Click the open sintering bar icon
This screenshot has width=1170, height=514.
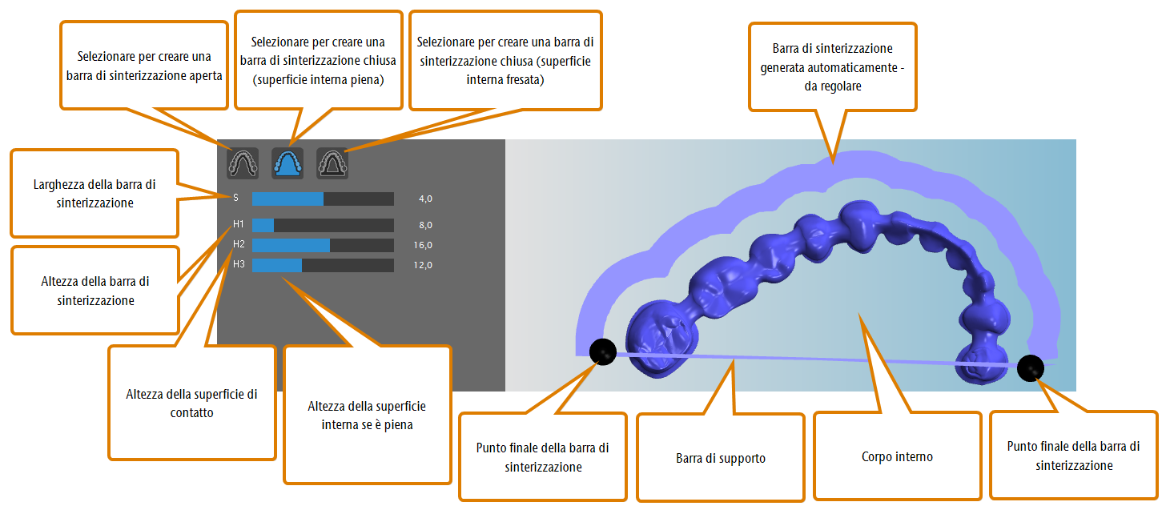pyautogui.click(x=243, y=163)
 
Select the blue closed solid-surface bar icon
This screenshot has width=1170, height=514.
pyautogui.click(x=287, y=163)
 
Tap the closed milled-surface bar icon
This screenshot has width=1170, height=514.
pyautogui.click(x=332, y=163)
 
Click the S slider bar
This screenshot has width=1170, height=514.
pyautogui.click(x=323, y=199)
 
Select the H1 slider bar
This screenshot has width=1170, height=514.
pyautogui.click(x=323, y=225)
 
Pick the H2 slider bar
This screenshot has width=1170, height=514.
pyautogui.click(x=323, y=245)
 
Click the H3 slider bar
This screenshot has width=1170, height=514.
pyautogui.click(x=323, y=265)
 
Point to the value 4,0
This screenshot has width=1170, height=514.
pyautogui.click(x=426, y=199)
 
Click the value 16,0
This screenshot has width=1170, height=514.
pyautogui.click(x=423, y=245)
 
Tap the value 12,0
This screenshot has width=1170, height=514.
pyautogui.click(x=423, y=265)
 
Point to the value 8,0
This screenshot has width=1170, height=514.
pyautogui.click(x=426, y=225)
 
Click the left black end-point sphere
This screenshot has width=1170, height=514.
pyautogui.click(x=603, y=351)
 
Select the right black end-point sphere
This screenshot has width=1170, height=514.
pyautogui.click(x=1031, y=368)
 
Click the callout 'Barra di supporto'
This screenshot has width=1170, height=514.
pyautogui.click(x=721, y=457)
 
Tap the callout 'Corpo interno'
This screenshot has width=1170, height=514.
pyautogui.click(x=898, y=456)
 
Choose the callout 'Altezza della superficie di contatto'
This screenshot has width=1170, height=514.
pyautogui.click(x=191, y=403)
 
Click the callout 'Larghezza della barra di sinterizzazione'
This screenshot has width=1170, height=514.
pyautogui.click(x=94, y=193)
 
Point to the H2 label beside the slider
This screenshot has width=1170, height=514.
pyautogui.click(x=239, y=244)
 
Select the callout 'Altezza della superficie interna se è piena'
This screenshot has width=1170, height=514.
pyautogui.click(x=368, y=415)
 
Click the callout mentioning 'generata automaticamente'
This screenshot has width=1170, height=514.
pyautogui.click(x=833, y=67)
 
